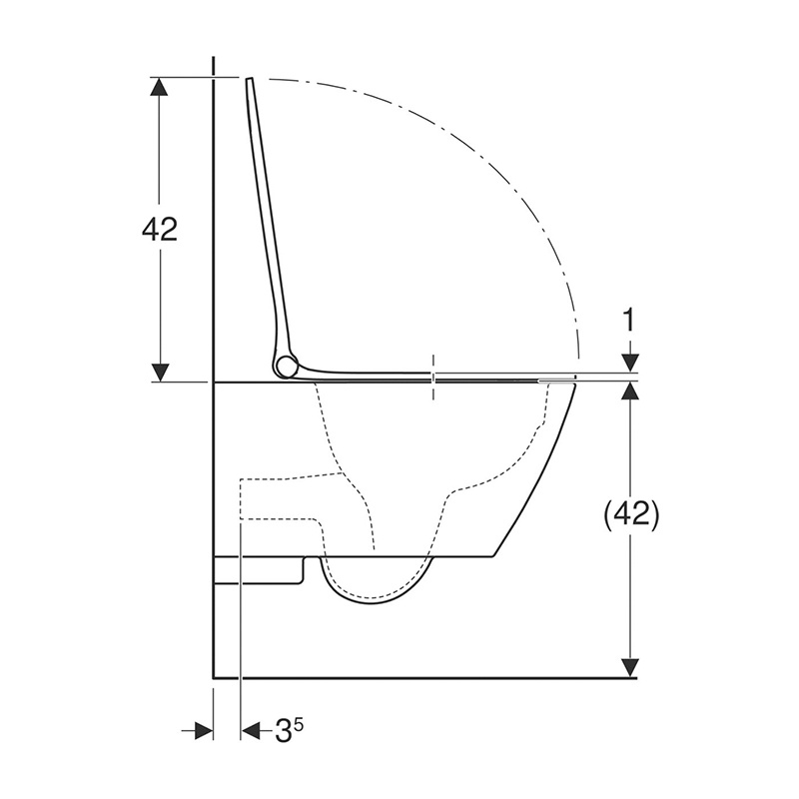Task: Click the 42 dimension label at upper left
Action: point(160,230)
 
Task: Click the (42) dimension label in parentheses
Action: point(631,515)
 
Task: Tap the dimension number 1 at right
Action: point(630,321)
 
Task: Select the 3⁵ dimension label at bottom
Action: point(289,732)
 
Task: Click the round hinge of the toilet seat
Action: point(287,367)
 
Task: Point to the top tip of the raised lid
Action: point(250,79)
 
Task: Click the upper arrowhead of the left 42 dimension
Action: point(160,87)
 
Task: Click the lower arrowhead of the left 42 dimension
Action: point(160,372)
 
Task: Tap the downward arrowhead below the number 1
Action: point(631,363)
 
